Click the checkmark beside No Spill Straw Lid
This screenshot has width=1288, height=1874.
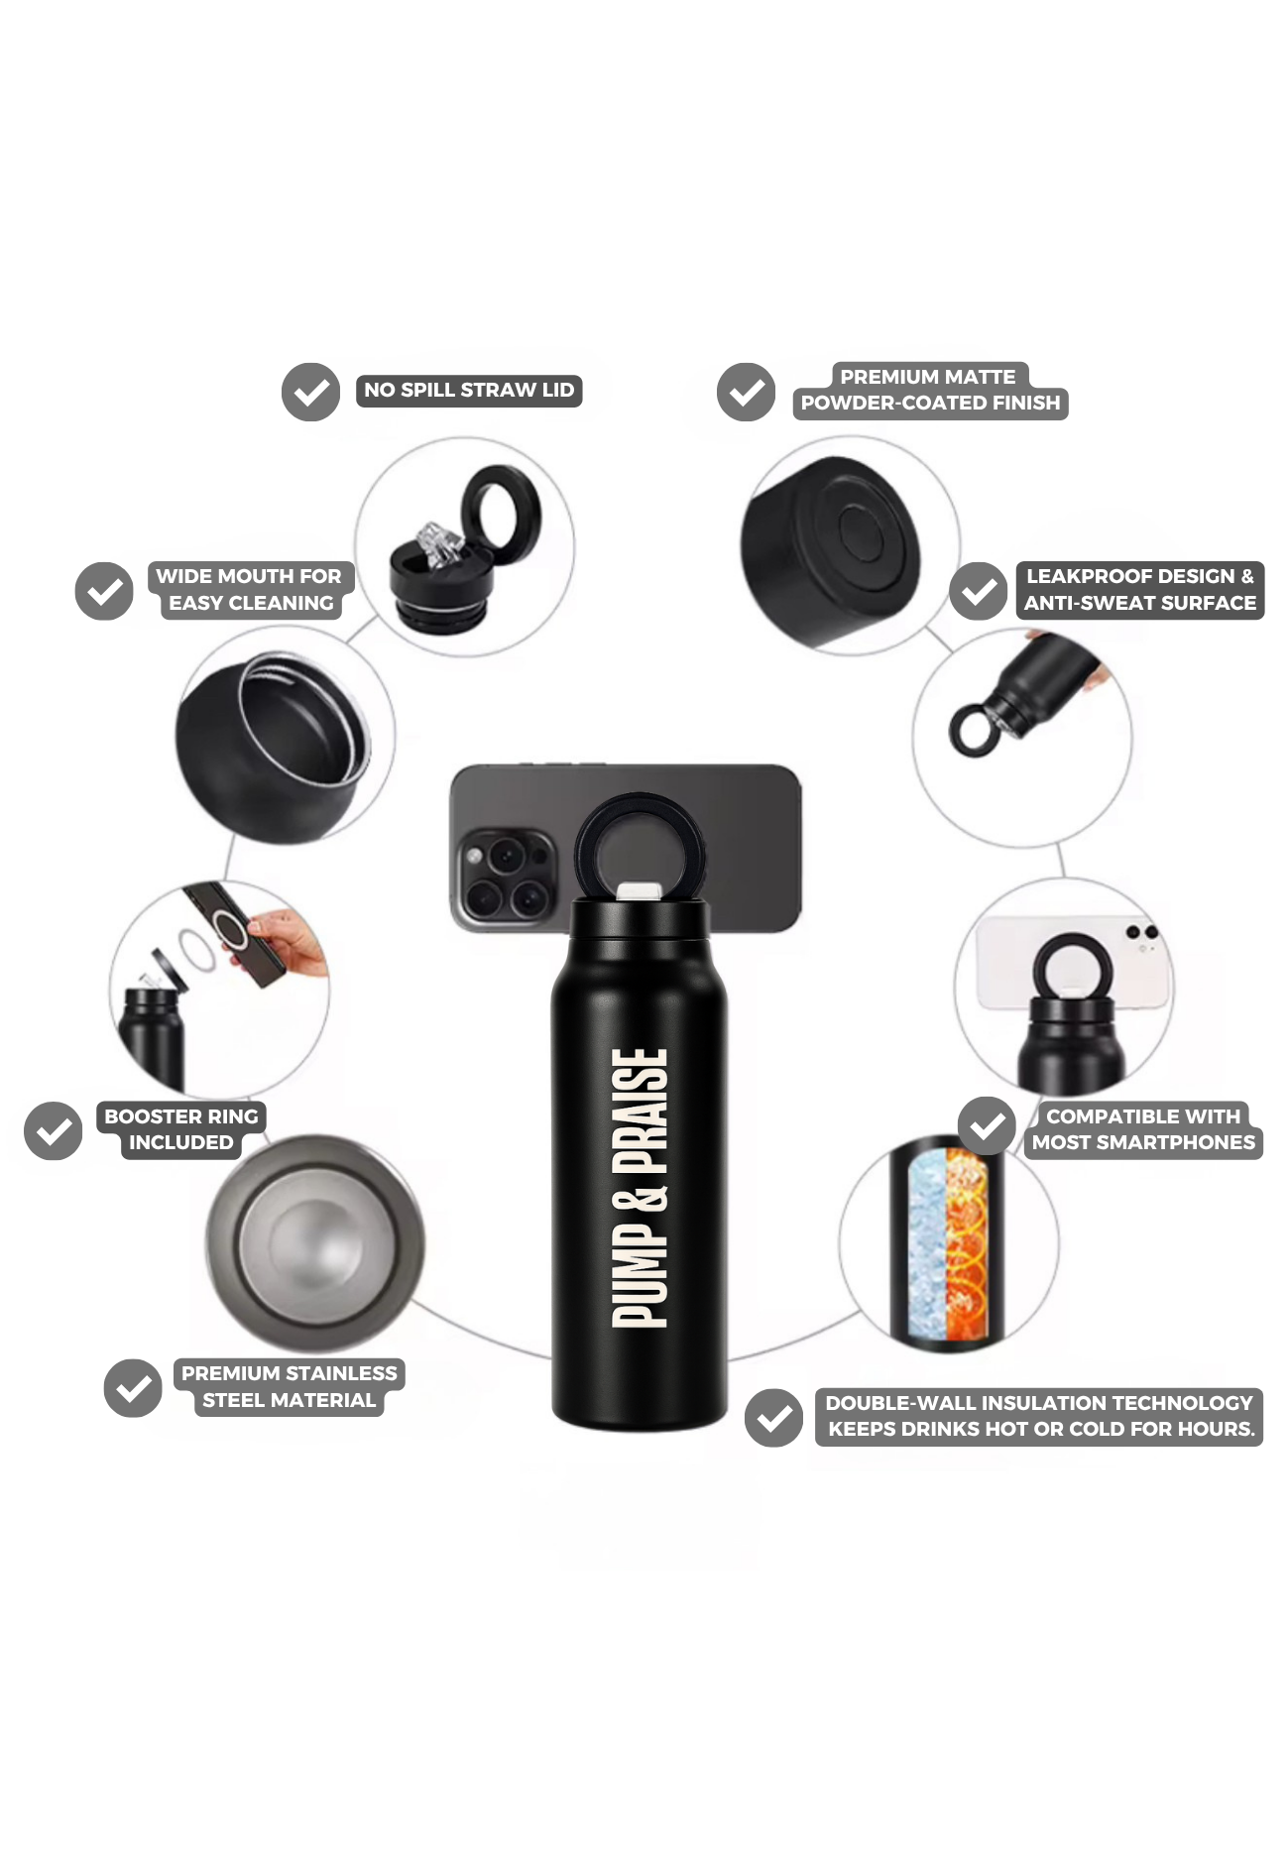(310, 392)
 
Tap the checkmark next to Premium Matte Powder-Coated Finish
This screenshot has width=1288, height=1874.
(746, 392)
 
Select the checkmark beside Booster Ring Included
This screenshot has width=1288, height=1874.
(54, 1130)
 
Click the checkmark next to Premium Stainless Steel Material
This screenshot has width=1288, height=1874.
(133, 1387)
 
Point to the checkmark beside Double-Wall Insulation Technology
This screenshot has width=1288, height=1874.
(773, 1417)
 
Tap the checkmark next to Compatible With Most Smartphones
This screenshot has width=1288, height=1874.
(987, 1125)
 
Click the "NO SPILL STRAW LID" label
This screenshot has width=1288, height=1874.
(469, 391)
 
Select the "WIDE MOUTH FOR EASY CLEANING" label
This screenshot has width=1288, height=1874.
(249, 590)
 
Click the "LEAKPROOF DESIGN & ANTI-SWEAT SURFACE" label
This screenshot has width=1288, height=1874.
(1139, 590)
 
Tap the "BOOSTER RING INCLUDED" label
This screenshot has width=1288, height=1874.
(180, 1129)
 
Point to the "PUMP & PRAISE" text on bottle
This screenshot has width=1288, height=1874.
(640, 1188)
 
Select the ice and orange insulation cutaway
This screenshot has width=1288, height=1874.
(948, 1244)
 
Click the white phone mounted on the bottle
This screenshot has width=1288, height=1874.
(1071, 960)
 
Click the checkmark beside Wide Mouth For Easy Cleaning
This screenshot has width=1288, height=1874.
(104, 591)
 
